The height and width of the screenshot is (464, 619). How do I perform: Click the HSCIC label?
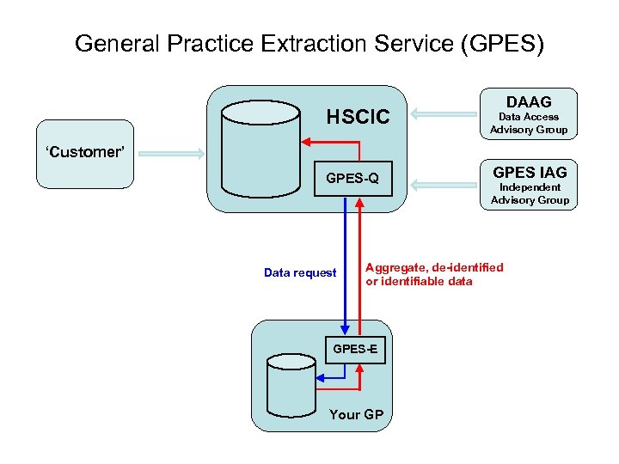pos(358,117)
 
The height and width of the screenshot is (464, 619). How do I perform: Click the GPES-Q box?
pos(352,180)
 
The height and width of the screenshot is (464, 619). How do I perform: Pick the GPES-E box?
pos(354,349)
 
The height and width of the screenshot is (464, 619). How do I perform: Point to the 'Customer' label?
pos(85,152)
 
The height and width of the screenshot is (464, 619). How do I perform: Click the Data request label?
pos(300,273)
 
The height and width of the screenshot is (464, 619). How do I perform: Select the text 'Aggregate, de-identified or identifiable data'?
pos(434,274)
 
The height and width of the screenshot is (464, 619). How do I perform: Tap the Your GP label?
pos(356,414)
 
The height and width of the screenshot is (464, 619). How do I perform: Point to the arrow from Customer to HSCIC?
pos(171,154)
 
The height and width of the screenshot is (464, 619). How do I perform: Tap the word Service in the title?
pos(406,44)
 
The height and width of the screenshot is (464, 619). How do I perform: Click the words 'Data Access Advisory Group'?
pos(529,123)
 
